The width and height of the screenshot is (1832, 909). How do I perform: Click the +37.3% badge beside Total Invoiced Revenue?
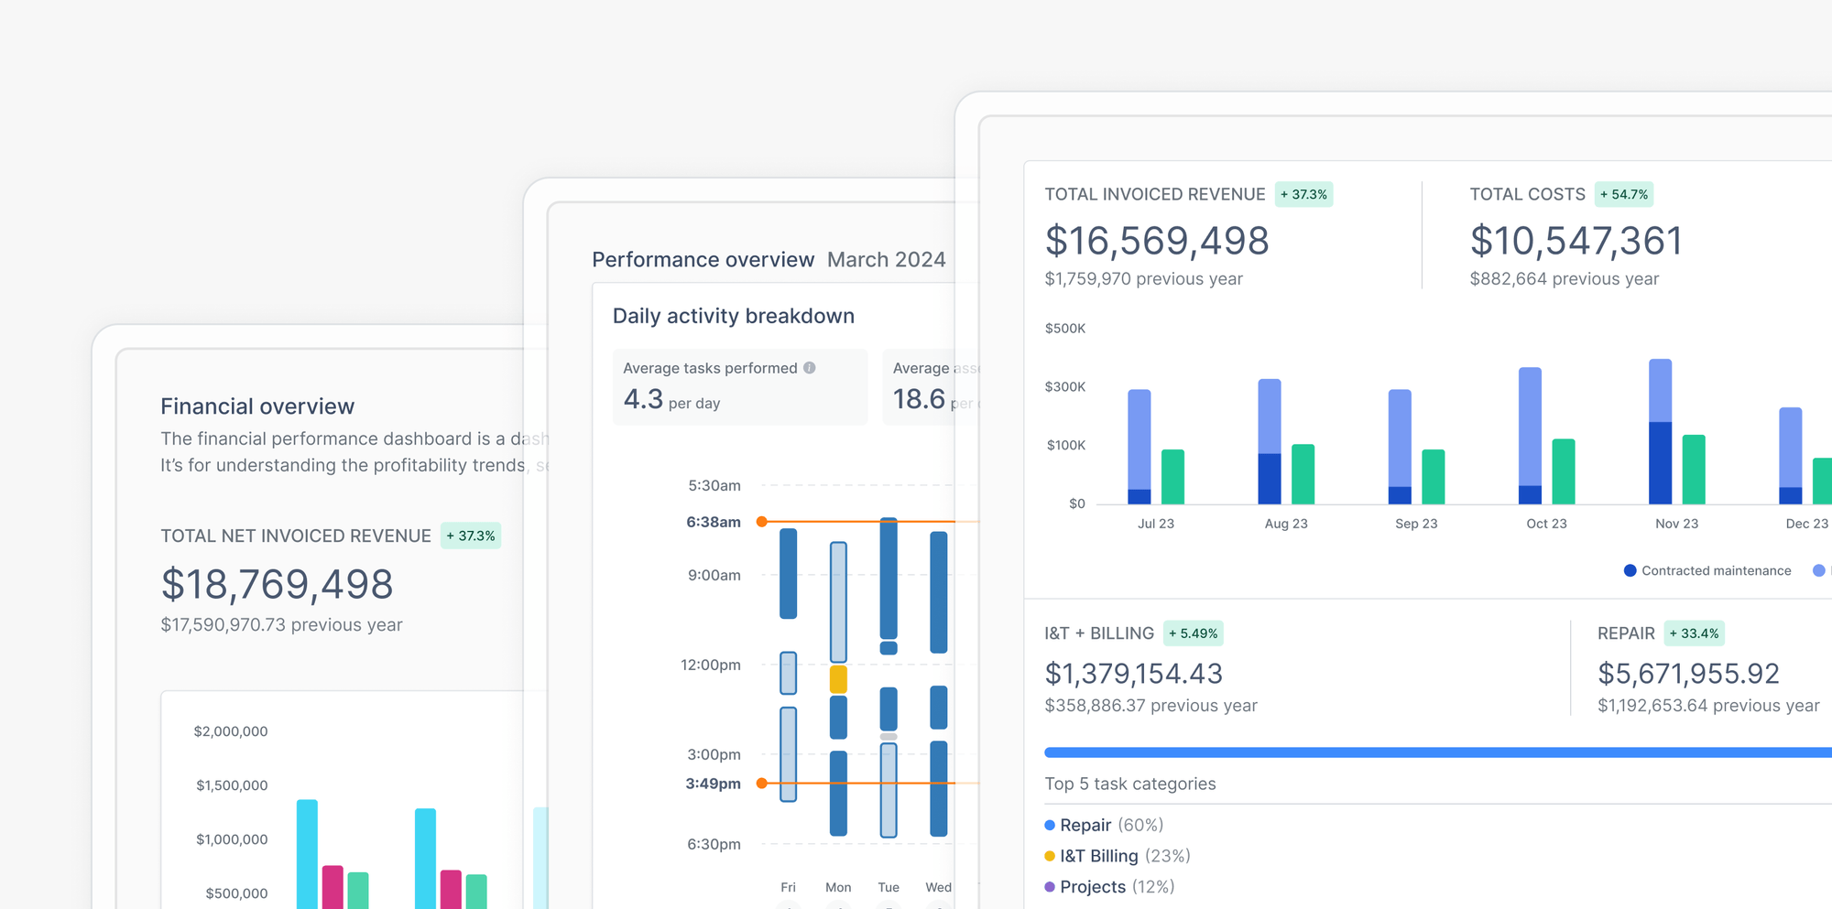pyautogui.click(x=1303, y=194)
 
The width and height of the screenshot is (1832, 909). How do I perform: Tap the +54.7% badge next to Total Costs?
pyautogui.click(x=1623, y=194)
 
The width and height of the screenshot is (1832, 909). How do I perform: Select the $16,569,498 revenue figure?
pyautogui.click(x=1156, y=241)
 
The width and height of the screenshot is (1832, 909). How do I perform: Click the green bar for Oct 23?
pyautogui.click(x=1563, y=471)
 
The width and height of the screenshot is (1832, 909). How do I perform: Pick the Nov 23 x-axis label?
pyautogui.click(x=1676, y=524)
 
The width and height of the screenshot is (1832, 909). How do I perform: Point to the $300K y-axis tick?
pyautogui.click(x=1064, y=386)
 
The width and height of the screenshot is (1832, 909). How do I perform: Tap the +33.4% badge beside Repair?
pyautogui.click(x=1694, y=633)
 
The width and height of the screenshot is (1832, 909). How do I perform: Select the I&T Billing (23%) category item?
pyautogui.click(x=1118, y=856)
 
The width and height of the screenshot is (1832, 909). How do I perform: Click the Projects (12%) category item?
pyautogui.click(x=1109, y=887)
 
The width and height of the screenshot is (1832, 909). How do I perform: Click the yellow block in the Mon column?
pyautogui.click(x=837, y=679)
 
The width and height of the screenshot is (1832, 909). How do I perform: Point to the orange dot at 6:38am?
pyautogui.click(x=761, y=522)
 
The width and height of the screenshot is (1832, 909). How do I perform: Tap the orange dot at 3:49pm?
pyautogui.click(x=761, y=784)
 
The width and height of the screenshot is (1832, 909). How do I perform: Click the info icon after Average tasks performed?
pyautogui.click(x=810, y=368)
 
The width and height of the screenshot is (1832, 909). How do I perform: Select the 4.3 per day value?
pyautogui.click(x=671, y=400)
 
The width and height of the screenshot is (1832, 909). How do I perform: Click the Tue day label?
pyautogui.click(x=888, y=887)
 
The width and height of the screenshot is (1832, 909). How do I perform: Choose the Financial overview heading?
pyautogui.click(x=257, y=406)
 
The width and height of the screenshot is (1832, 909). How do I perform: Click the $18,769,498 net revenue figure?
pyautogui.click(x=277, y=584)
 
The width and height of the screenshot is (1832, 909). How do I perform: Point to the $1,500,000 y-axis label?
pyautogui.click(x=232, y=785)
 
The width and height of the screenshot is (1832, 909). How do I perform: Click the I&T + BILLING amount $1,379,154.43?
pyautogui.click(x=1133, y=674)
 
